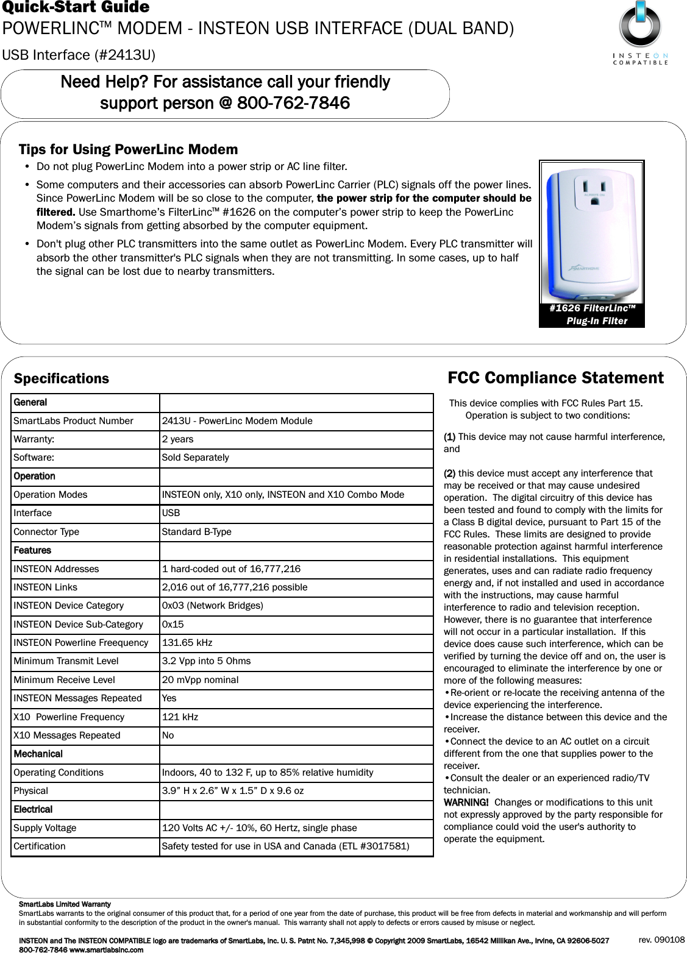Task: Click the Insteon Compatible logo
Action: click(x=639, y=33)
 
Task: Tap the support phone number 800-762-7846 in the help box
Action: click(x=293, y=103)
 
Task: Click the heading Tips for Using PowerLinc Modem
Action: click(x=128, y=149)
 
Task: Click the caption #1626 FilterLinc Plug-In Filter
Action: click(x=592, y=314)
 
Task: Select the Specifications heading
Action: click(x=62, y=378)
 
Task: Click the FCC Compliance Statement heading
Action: click(x=555, y=378)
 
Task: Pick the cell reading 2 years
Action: click(x=177, y=439)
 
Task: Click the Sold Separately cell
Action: click(x=195, y=458)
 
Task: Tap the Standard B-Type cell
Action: click(x=196, y=532)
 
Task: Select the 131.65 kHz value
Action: click(x=187, y=643)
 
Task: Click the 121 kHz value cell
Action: click(x=180, y=717)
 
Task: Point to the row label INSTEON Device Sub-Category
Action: click(x=78, y=625)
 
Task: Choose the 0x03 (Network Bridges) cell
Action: click(x=212, y=606)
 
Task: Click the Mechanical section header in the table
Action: click(x=38, y=754)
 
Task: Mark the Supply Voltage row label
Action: click(x=45, y=828)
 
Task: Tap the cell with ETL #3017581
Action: click(x=285, y=846)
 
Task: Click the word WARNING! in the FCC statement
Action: click(x=466, y=802)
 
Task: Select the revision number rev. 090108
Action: click(x=661, y=940)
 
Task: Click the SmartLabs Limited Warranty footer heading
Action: click(x=65, y=904)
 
